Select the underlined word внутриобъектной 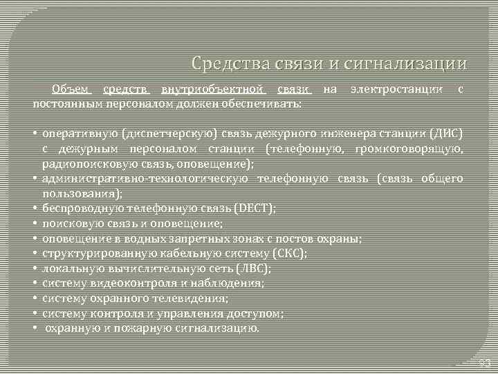[213, 89]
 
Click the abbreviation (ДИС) [444, 134]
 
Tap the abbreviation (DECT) [255, 207]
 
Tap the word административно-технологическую [145, 179]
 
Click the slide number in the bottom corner [483, 362]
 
